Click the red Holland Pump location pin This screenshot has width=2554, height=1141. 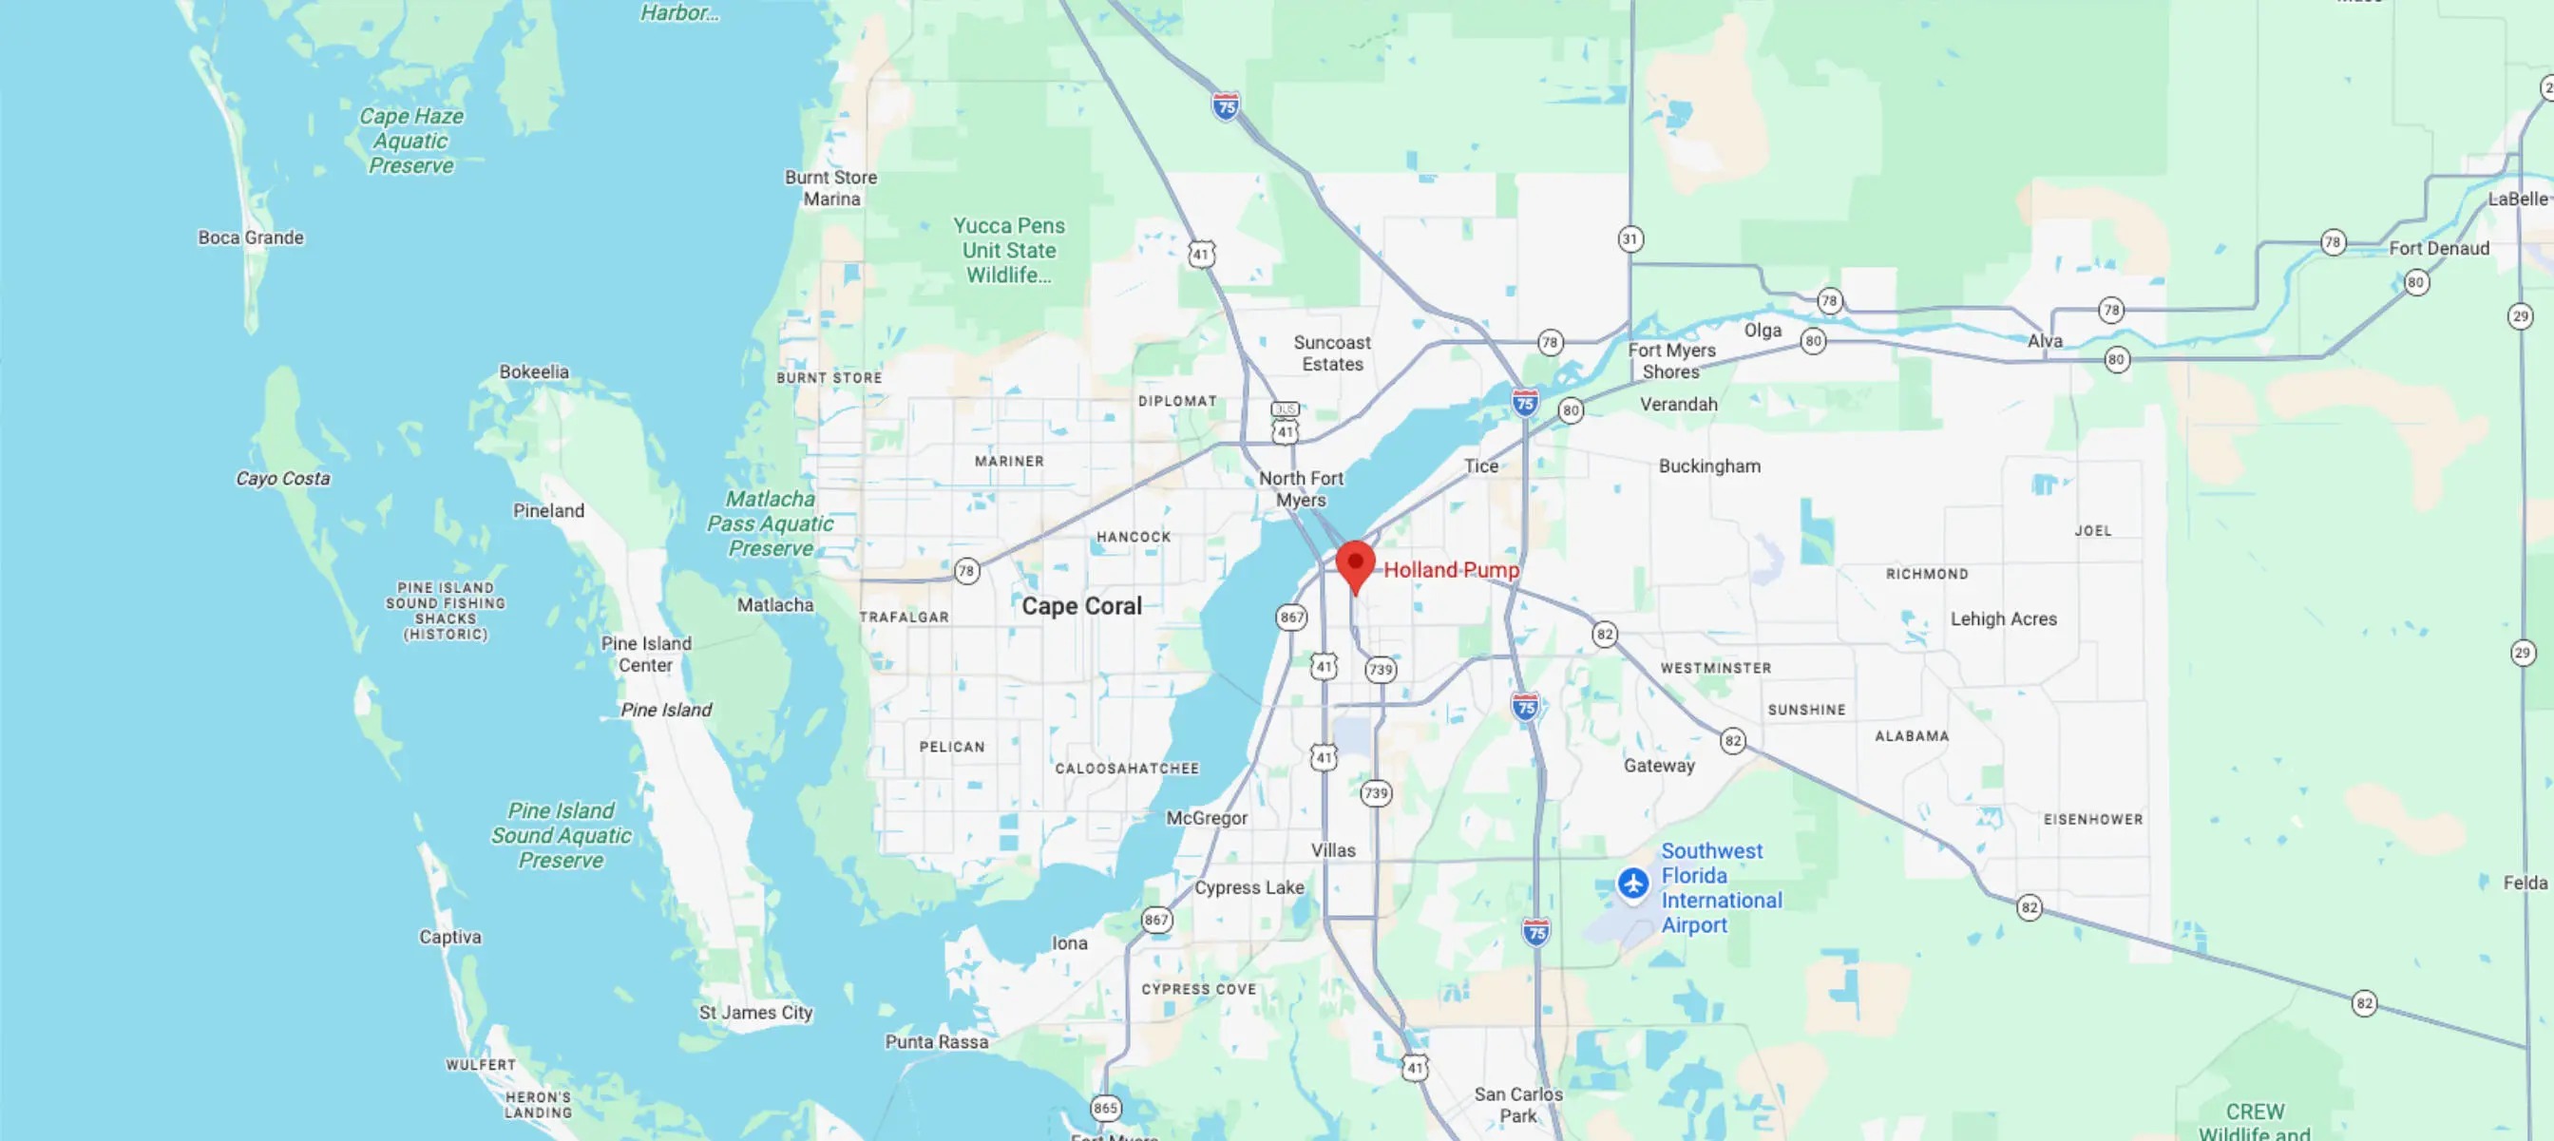1355,564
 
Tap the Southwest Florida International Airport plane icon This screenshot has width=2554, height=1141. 1633,882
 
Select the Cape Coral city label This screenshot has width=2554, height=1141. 1081,606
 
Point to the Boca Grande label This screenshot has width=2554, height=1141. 251,238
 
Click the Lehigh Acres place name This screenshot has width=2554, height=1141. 2003,618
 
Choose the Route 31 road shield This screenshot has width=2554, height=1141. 1630,238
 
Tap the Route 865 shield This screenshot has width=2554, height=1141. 1105,1108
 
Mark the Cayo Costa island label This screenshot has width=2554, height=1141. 282,478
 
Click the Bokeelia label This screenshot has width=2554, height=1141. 533,371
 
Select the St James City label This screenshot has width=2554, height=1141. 755,1012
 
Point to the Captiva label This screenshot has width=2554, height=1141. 450,937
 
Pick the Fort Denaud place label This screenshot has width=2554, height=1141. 2438,248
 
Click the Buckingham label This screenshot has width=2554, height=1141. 1709,466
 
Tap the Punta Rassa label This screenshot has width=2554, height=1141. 936,1042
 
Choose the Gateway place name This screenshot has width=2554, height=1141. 1659,766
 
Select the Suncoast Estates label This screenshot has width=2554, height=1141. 1331,352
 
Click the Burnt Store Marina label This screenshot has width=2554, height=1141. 830,187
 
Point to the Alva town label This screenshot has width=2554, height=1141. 2045,341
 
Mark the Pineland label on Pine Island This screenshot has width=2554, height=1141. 548,510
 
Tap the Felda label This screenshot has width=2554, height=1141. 2525,883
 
